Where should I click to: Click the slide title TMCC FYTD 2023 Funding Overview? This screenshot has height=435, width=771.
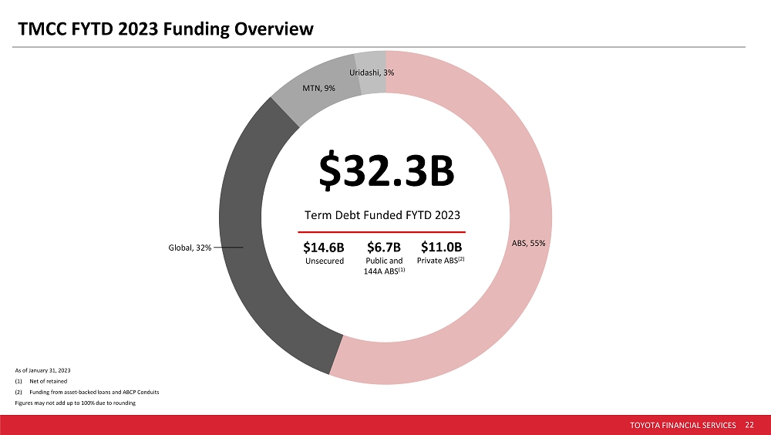[167, 29]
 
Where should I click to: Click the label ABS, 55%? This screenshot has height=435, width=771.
[529, 243]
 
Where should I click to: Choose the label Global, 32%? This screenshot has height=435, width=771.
[189, 248]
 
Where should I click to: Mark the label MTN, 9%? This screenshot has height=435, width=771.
[318, 89]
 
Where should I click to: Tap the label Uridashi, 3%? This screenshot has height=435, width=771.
[372, 72]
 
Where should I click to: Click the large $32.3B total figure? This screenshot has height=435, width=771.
[385, 174]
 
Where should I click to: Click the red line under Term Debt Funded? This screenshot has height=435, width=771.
[382, 231]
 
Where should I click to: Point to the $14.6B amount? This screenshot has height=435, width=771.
[324, 248]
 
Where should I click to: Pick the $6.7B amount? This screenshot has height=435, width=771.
[383, 248]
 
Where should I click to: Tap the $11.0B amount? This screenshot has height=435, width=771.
[441, 248]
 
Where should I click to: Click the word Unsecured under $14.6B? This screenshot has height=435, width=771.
[324, 261]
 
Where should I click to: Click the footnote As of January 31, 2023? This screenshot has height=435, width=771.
[42, 372]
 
